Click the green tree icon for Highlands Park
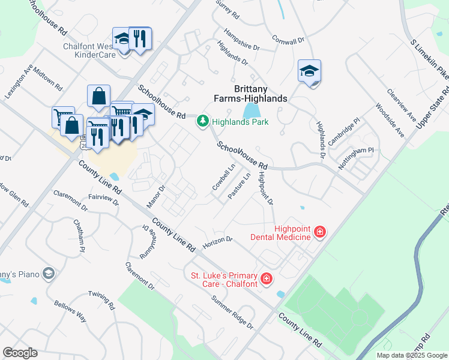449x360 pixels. (203, 122)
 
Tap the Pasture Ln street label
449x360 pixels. (239, 185)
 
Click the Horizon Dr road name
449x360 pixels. (217, 242)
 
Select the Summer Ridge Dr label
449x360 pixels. (232, 311)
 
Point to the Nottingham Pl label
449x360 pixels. (356, 155)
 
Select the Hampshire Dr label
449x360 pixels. (241, 38)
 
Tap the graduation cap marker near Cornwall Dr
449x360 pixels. (309, 71)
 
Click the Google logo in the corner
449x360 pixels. (20, 353)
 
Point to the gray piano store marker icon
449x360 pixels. (49, 274)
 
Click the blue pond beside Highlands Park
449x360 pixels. (251, 110)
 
